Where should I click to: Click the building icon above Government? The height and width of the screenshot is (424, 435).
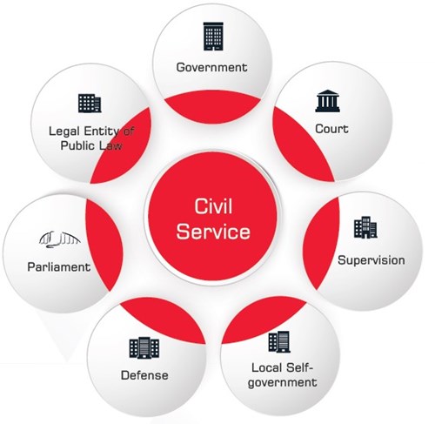pyautogui.click(x=213, y=37)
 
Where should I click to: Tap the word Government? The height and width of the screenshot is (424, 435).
pyautogui.click(x=212, y=67)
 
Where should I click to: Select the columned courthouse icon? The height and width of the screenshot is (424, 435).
pyautogui.click(x=327, y=101)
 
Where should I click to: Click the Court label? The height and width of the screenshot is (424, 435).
pyautogui.click(x=331, y=129)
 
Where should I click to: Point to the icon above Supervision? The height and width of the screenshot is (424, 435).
pyautogui.click(x=365, y=227)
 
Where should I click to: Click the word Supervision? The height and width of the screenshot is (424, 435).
pyautogui.click(x=371, y=260)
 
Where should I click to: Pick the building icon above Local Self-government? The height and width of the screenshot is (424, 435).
pyautogui.click(x=279, y=342)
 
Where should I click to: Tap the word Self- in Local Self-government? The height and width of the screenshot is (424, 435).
pyautogui.click(x=300, y=367)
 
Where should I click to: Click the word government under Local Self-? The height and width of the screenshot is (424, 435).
pyautogui.click(x=283, y=382)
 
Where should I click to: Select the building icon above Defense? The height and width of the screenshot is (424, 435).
pyautogui.click(x=144, y=348)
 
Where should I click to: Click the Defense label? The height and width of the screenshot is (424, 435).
pyautogui.click(x=144, y=375)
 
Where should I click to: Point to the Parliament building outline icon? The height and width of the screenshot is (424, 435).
pyautogui.click(x=60, y=239)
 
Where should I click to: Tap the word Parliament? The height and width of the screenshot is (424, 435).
pyautogui.click(x=59, y=267)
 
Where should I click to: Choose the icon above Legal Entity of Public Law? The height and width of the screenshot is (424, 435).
pyautogui.click(x=90, y=104)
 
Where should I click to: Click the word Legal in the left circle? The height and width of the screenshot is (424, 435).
pyautogui.click(x=64, y=131)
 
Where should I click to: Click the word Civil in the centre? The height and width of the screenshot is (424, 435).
pyautogui.click(x=213, y=206)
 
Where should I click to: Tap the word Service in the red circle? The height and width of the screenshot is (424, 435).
pyautogui.click(x=213, y=232)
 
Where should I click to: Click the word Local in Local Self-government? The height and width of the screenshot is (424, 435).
pyautogui.click(x=267, y=367)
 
